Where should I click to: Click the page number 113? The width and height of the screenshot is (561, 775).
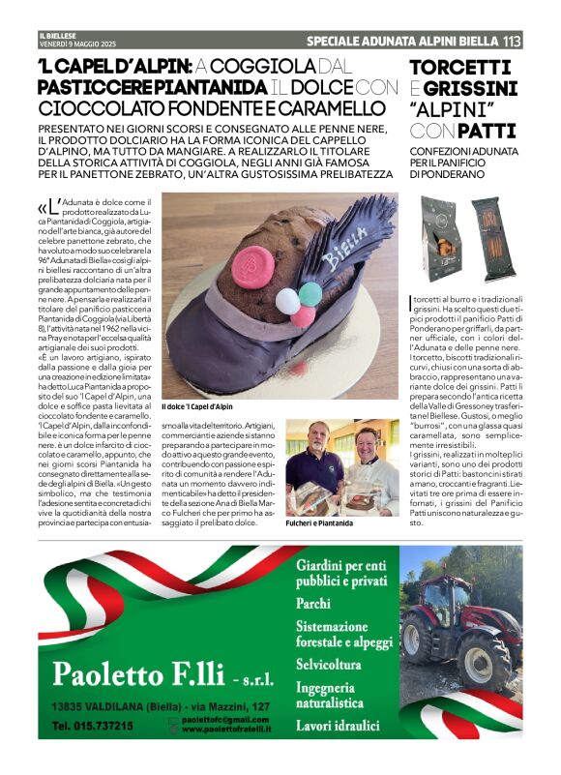pos(512,42)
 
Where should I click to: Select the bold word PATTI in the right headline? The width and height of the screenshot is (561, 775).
pos(487,131)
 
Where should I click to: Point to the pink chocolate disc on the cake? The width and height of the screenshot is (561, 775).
pos(252,266)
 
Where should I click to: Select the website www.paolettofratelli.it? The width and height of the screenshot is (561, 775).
pos(225,730)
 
